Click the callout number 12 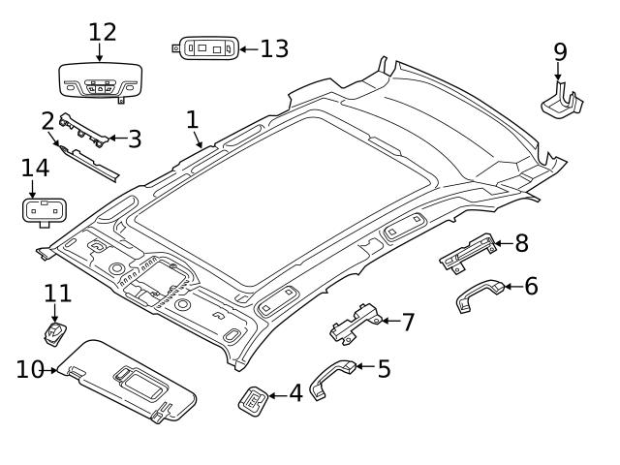(x=102, y=31)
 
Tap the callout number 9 (x=560, y=49)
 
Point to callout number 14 (x=35, y=168)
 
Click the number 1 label (x=192, y=119)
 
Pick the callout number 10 (x=29, y=369)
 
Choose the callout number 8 (x=521, y=242)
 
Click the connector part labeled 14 (x=39, y=210)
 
